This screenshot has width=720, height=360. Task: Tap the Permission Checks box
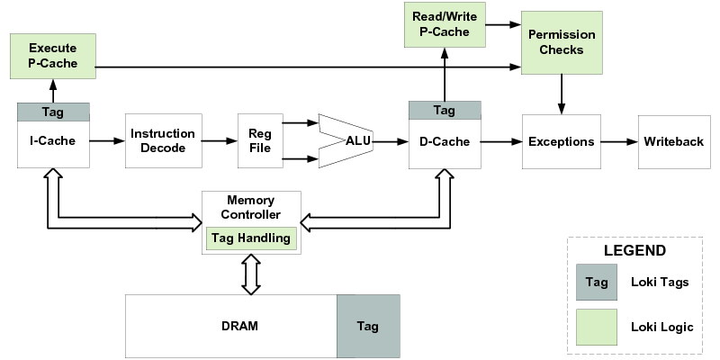[561, 42]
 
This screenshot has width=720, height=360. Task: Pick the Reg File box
[259, 141]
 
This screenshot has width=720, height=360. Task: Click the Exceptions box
[561, 141]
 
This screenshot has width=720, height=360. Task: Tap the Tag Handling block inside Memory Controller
[251, 238]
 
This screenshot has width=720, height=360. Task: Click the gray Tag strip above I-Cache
[52, 112]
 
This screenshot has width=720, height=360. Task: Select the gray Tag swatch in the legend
[597, 283]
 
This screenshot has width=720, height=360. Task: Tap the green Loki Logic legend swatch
[597, 327]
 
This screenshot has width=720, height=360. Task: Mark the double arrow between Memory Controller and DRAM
[251, 274]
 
